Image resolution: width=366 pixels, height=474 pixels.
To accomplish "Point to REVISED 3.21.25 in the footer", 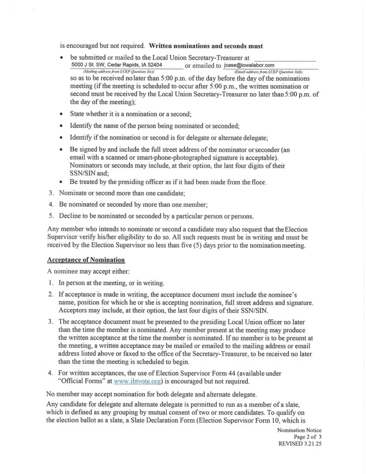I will point(299,443).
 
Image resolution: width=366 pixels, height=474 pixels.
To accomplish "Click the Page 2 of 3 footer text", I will point(307,437).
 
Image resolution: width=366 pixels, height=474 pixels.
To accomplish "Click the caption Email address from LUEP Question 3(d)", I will point(268,72).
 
